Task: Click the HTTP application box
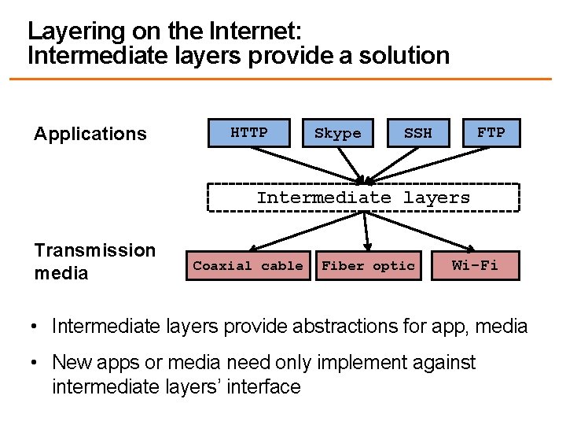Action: point(248,133)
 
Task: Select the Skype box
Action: point(337,133)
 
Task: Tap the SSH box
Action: point(417,133)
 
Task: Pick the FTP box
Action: point(491,133)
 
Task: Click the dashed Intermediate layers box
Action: point(363,198)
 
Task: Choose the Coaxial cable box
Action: point(248,266)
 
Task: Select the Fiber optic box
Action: point(368,266)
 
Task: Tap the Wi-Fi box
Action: point(475,265)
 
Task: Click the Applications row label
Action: point(90,134)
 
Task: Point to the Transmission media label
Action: point(95,262)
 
